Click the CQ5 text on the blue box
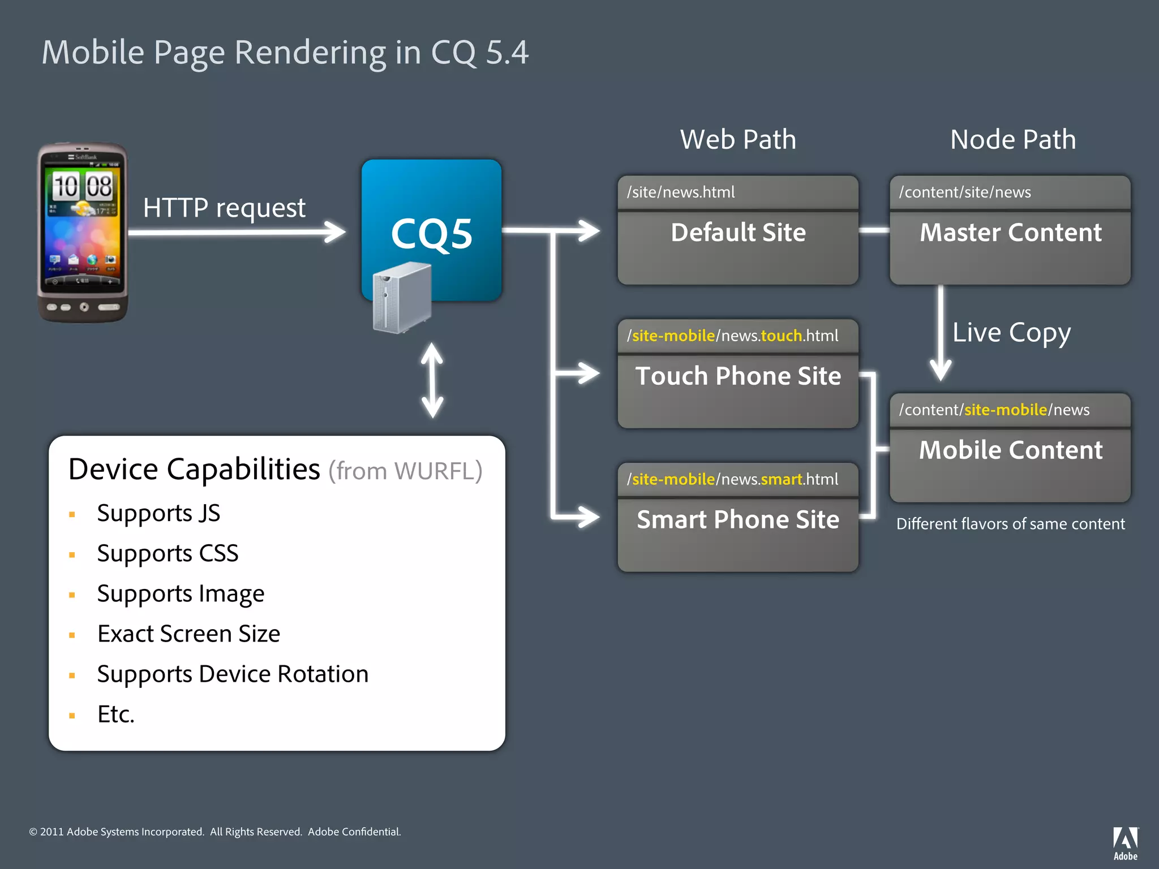pos(431,234)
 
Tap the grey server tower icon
pos(402,298)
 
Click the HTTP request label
pos(224,208)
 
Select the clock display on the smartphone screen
pos(83,186)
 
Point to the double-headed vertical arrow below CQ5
pos(432,380)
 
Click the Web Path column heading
pos(738,139)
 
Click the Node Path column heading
pos(1012,139)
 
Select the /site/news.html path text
pos(681,192)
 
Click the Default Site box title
pos(738,233)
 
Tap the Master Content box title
pos(1010,233)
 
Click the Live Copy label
pos(1011,333)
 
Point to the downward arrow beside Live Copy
pos(941,334)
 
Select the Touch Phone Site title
pos(738,376)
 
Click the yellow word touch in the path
pos(782,336)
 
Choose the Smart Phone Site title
pos(738,520)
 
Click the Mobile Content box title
pos(1010,450)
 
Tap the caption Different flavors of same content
pos(1010,524)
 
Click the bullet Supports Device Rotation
pos(233,674)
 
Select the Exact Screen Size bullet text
pos(188,634)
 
